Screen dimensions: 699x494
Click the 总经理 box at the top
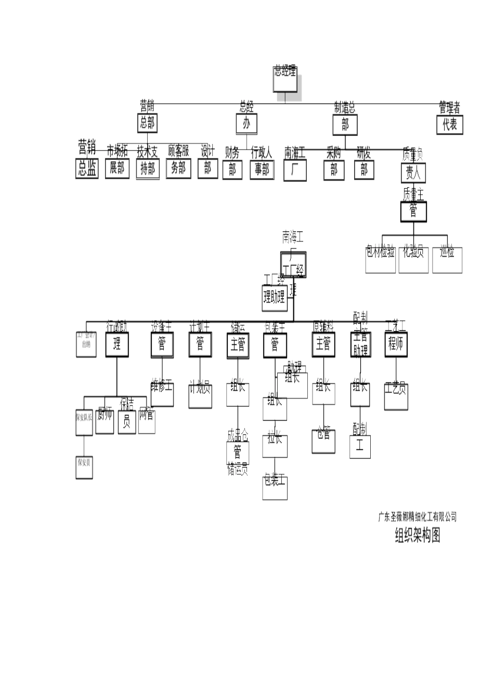[285, 79]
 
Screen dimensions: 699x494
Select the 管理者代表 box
[449, 124]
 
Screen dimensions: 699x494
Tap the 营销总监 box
[87, 168]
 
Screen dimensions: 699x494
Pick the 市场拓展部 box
[117, 168]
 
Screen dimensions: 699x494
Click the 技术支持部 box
[148, 169]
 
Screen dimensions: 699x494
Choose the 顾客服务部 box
[178, 168]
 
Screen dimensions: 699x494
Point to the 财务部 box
[232, 170]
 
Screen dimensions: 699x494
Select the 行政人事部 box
[262, 170]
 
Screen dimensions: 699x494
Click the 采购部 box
[334, 170]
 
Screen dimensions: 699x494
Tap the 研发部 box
[364, 170]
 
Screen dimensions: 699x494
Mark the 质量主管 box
[413, 211]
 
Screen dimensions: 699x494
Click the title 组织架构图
[418, 535]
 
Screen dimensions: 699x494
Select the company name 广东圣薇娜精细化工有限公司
[417, 516]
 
